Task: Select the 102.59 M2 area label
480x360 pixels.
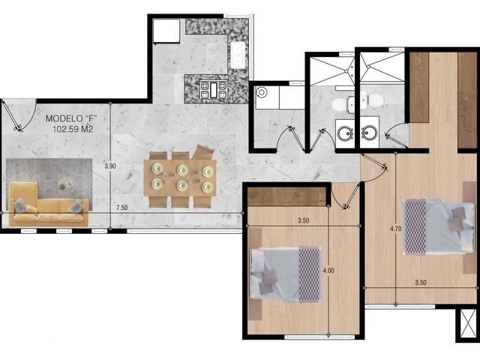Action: (x=73, y=129)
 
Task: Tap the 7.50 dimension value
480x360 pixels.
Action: (x=121, y=208)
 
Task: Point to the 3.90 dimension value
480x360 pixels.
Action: (x=110, y=166)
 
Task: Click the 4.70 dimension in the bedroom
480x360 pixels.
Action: (x=395, y=228)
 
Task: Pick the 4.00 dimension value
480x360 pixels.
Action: (x=328, y=271)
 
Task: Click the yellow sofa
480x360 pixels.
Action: (x=47, y=205)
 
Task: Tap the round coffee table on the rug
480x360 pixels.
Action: (x=65, y=184)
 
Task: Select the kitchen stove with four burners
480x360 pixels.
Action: (x=214, y=89)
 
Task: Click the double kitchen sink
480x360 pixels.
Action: (x=238, y=55)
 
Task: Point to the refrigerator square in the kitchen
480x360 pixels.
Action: (x=166, y=31)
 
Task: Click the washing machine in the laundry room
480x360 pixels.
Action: (x=267, y=97)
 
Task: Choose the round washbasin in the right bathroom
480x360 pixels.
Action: (x=370, y=133)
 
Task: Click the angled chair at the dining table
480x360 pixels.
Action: (x=202, y=152)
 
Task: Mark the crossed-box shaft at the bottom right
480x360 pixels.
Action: (x=468, y=324)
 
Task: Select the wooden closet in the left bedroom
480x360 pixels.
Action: (x=286, y=196)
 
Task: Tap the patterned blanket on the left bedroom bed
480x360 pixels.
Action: (x=310, y=274)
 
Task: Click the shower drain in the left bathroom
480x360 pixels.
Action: (x=346, y=70)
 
